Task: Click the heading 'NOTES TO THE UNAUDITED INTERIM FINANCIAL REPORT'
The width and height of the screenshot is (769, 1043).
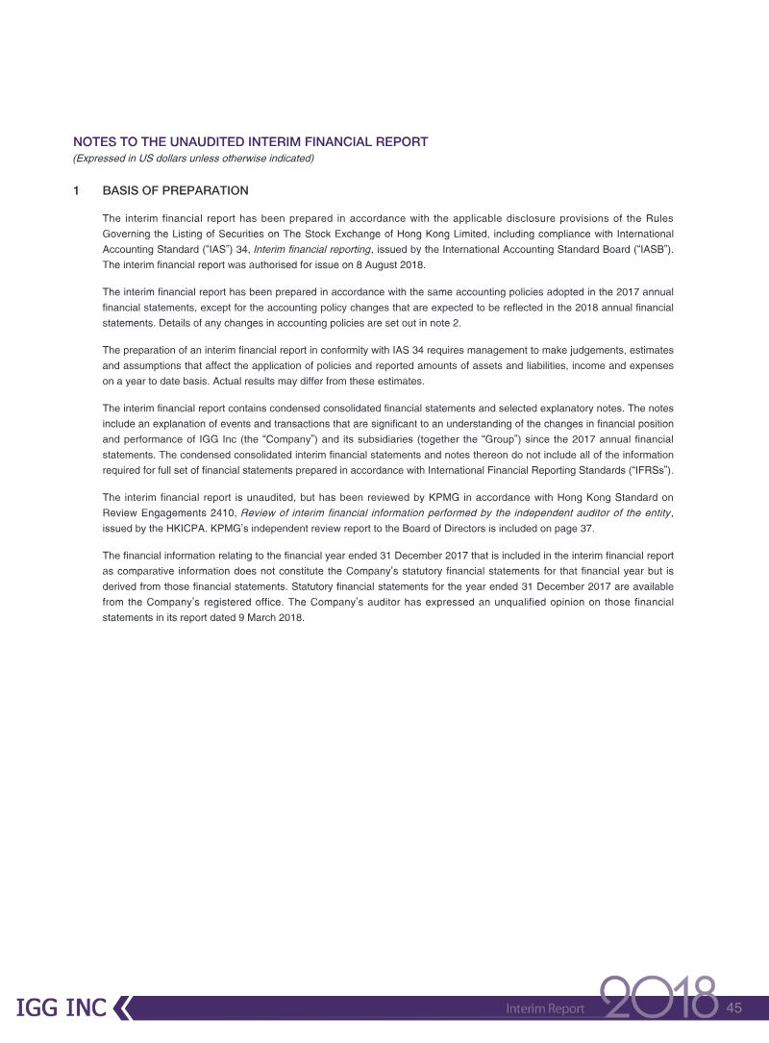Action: [250, 142]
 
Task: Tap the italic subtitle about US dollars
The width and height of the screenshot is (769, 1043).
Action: [193, 159]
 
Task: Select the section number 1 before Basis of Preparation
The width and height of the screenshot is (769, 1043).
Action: [77, 190]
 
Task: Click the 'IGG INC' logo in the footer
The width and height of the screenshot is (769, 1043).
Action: [61, 1007]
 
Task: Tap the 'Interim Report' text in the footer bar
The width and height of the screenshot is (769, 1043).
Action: [545, 1008]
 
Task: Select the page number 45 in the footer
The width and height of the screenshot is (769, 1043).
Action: [735, 1007]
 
